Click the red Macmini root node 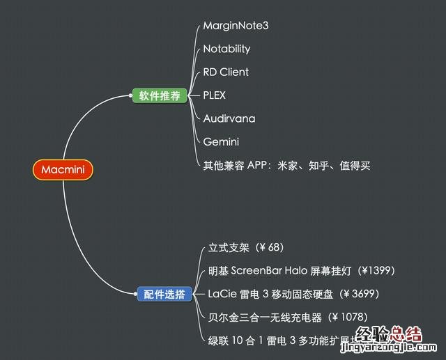(62, 170)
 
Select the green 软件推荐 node (160, 95)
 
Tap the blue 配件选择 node (163, 295)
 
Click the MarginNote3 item (236, 26)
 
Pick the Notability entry (226, 49)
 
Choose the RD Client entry (226, 72)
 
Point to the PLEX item (215, 95)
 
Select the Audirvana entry (229, 118)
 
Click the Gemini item (221, 141)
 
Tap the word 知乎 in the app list (314, 165)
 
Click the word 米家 (286, 165)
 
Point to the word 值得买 (348, 165)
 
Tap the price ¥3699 (359, 294)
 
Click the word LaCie (222, 294)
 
